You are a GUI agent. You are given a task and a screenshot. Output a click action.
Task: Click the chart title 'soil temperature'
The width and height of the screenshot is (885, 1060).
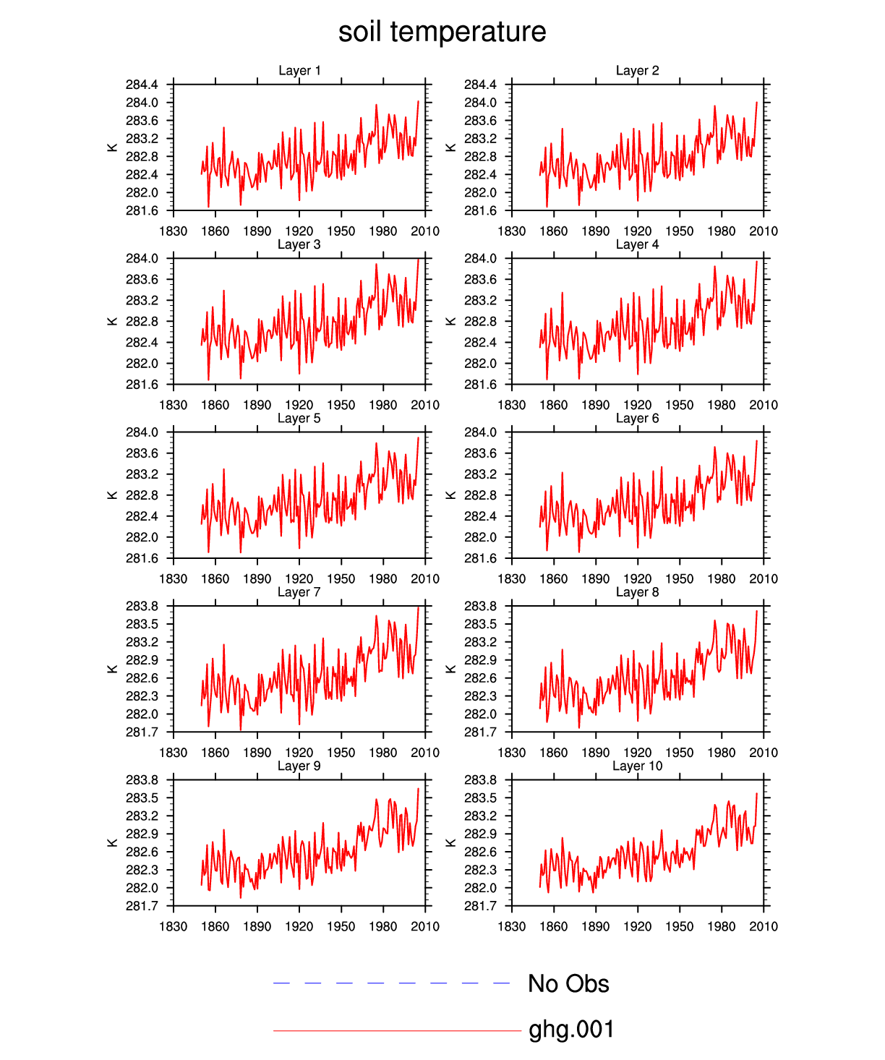tap(442, 33)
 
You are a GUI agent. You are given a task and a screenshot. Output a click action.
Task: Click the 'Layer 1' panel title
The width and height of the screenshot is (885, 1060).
tap(299, 70)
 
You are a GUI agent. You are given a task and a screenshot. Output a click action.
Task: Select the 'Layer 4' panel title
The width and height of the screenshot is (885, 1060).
tap(637, 244)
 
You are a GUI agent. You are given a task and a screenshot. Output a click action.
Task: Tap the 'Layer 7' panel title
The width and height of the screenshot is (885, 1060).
tap(299, 592)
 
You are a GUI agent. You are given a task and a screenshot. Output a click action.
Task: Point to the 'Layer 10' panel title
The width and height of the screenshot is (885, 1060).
tap(637, 766)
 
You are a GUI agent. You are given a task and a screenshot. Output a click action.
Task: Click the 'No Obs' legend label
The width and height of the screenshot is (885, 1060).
tap(568, 984)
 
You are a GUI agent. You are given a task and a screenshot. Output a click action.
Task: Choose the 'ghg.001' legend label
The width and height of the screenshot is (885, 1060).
tap(571, 1030)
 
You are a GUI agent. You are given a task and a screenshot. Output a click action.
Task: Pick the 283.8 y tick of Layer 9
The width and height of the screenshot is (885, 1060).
tap(142, 780)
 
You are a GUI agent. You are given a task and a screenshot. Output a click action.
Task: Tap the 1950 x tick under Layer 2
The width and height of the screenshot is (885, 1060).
tap(680, 231)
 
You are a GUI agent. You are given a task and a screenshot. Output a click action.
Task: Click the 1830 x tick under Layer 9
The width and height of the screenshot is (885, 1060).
tap(174, 926)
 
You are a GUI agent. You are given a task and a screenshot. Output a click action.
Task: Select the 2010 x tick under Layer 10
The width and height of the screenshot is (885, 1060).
tap(764, 926)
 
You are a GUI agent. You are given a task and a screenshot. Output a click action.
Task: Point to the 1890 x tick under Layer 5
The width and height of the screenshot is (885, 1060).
tap(257, 578)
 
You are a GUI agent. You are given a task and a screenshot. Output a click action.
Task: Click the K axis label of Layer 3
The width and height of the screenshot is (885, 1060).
tap(112, 321)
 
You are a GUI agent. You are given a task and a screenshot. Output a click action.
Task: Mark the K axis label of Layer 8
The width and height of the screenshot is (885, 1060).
tap(450, 669)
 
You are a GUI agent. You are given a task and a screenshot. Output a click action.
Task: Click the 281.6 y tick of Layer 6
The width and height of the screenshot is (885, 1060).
tap(480, 558)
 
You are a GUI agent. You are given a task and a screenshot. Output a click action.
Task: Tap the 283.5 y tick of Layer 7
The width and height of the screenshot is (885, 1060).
tap(142, 624)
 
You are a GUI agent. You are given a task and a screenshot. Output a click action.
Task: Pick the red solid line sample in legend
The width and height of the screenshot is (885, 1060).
tap(397, 1030)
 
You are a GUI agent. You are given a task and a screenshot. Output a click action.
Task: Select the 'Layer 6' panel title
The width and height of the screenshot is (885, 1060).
tap(637, 418)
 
